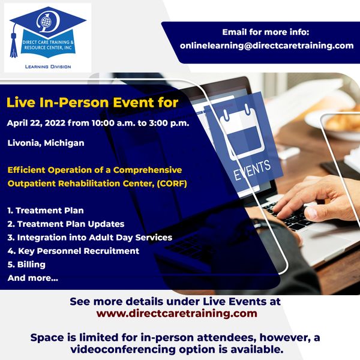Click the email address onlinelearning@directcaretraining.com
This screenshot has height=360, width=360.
(266, 46)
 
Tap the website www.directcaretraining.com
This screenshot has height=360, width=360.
(177, 313)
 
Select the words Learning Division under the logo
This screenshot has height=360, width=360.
(48, 67)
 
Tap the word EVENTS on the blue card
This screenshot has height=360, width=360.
(252, 170)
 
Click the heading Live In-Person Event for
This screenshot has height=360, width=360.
(92, 103)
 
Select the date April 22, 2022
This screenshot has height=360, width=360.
(36, 123)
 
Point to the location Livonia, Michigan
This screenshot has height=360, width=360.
(46, 143)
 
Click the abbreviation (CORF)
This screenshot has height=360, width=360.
(172, 184)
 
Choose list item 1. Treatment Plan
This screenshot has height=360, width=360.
(46, 211)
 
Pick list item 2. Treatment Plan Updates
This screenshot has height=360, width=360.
(66, 224)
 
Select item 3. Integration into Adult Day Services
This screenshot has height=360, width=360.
(90, 238)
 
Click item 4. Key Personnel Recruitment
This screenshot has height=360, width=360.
(73, 251)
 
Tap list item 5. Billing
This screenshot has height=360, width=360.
(26, 265)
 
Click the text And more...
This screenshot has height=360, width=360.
(33, 278)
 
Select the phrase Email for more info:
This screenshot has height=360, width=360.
(266, 32)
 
